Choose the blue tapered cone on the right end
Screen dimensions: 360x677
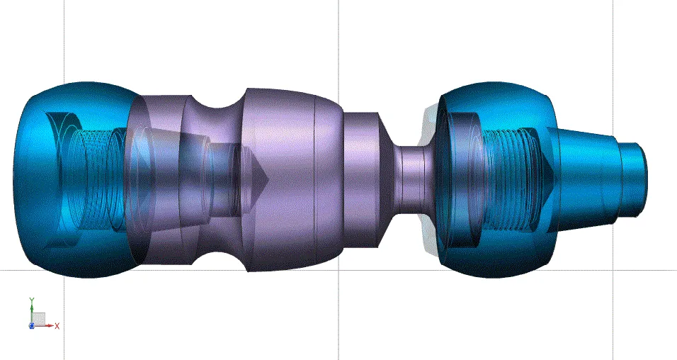(588, 177)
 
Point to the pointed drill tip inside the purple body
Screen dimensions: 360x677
(256, 174)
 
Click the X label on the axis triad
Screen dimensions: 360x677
(57, 325)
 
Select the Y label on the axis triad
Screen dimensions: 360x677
(31, 300)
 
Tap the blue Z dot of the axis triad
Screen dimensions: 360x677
(31, 325)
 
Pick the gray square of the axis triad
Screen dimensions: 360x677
(40, 318)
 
